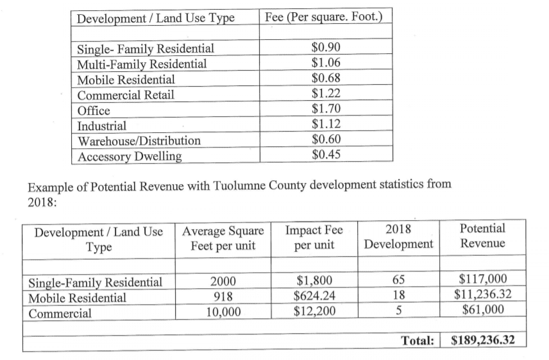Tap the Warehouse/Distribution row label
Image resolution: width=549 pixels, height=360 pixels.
click(139, 140)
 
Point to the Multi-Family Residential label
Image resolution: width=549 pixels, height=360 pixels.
click(142, 64)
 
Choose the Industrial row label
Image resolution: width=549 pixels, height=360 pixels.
click(102, 125)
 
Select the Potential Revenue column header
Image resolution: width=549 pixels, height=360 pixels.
click(482, 236)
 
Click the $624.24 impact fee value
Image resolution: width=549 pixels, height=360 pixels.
click(313, 297)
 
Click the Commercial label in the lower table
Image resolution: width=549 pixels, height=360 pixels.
click(60, 314)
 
